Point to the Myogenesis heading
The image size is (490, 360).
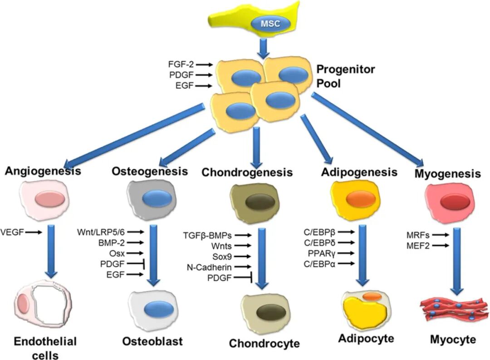pyautogui.click(x=447, y=173)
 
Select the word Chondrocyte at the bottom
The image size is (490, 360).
pyautogui.click(x=264, y=343)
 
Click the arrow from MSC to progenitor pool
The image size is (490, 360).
pyautogui.click(x=263, y=48)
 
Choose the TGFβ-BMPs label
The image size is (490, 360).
pyautogui.click(x=208, y=235)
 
